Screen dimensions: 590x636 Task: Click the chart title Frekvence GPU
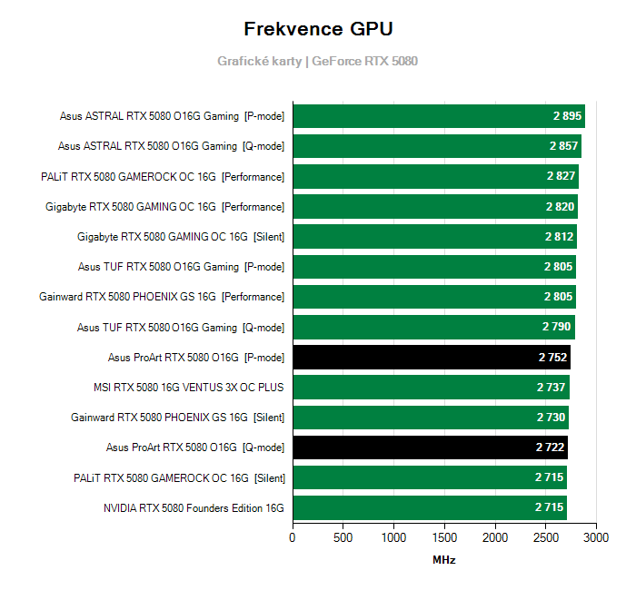318,29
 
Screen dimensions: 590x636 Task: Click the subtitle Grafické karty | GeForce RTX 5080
318,61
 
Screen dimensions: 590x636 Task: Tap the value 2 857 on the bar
563,146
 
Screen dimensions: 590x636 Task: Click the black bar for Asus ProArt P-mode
431,358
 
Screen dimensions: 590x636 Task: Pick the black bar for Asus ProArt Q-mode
429,447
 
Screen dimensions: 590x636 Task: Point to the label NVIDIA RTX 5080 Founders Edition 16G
194,508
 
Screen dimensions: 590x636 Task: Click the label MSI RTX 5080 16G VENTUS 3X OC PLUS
188,388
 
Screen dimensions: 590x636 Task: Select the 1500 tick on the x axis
444,537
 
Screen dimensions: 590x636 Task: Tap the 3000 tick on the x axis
596,537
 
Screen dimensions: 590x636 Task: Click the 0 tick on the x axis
293,537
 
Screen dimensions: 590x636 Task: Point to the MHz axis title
444,560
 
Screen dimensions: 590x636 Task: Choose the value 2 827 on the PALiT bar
561,176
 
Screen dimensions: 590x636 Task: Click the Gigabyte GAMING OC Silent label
181,237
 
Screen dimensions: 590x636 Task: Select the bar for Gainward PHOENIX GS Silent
430,418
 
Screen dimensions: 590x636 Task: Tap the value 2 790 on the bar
557,327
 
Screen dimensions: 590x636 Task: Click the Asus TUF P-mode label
181,267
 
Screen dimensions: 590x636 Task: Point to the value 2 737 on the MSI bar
552,388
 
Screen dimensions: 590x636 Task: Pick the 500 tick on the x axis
343,537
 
